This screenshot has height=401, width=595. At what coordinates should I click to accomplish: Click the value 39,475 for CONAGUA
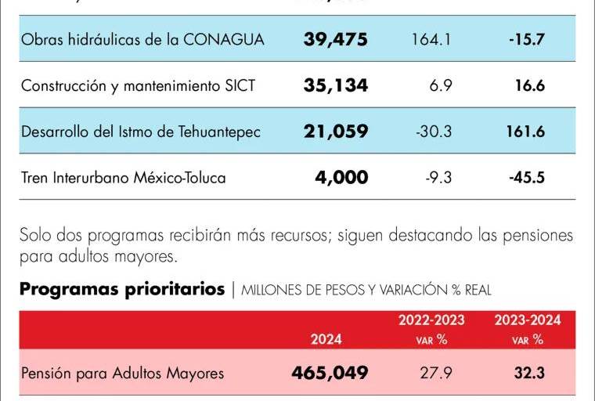[335, 39]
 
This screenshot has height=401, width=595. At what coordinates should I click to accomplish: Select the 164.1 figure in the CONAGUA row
[431, 39]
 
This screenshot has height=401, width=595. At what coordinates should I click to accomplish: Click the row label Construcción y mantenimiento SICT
[139, 85]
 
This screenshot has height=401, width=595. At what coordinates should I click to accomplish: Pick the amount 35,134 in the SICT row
[335, 85]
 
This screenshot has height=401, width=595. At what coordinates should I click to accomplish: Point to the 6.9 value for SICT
[441, 85]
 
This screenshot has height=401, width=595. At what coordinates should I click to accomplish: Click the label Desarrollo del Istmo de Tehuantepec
[141, 132]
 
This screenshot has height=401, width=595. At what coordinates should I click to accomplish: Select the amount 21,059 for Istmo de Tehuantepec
[335, 132]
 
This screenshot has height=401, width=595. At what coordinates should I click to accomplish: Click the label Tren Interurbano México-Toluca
[124, 178]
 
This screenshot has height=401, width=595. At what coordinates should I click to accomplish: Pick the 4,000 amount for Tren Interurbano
[341, 178]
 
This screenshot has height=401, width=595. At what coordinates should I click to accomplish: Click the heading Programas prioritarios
[122, 290]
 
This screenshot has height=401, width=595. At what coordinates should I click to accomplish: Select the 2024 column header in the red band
[326, 340]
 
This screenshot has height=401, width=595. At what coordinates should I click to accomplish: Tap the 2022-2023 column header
[431, 320]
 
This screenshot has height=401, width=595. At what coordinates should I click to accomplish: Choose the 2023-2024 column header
[527, 320]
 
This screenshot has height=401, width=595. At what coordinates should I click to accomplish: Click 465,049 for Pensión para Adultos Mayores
[330, 374]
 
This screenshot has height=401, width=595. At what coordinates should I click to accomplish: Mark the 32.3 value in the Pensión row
[530, 374]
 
